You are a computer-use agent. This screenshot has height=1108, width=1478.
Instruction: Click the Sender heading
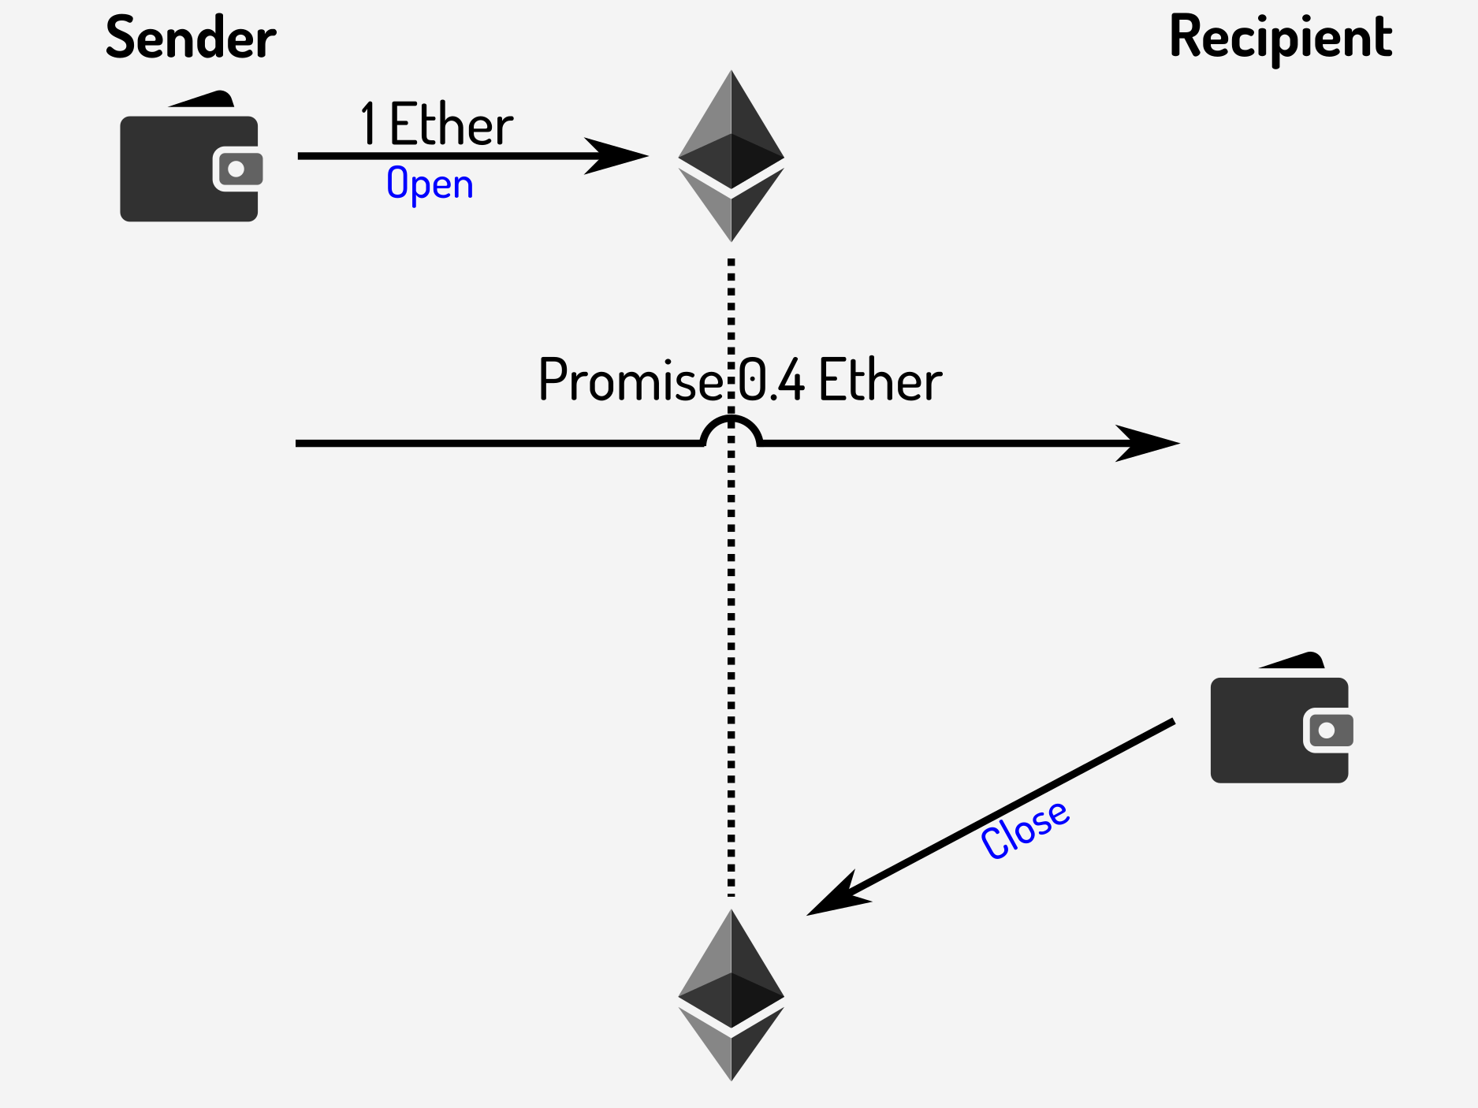click(x=191, y=38)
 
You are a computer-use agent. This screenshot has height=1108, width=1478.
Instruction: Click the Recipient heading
click(x=1280, y=38)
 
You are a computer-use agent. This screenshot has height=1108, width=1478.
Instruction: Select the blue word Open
click(x=430, y=184)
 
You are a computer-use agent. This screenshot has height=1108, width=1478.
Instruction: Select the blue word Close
click(x=1025, y=829)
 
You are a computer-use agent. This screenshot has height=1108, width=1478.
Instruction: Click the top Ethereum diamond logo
click(x=731, y=156)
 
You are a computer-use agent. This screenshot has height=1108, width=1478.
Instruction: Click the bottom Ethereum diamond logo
click(x=731, y=995)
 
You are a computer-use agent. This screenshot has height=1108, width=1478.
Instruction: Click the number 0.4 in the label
click(x=771, y=381)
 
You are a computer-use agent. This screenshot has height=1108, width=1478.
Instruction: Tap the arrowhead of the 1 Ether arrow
click(x=619, y=156)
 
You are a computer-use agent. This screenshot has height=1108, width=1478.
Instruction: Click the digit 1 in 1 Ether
click(x=368, y=125)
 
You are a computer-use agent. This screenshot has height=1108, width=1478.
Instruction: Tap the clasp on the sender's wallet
click(x=236, y=169)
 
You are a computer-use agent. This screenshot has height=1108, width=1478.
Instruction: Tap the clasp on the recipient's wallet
click(x=1327, y=730)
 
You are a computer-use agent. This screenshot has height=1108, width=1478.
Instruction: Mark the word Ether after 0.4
click(x=880, y=381)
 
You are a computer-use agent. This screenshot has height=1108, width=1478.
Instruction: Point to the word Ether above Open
click(x=451, y=125)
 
